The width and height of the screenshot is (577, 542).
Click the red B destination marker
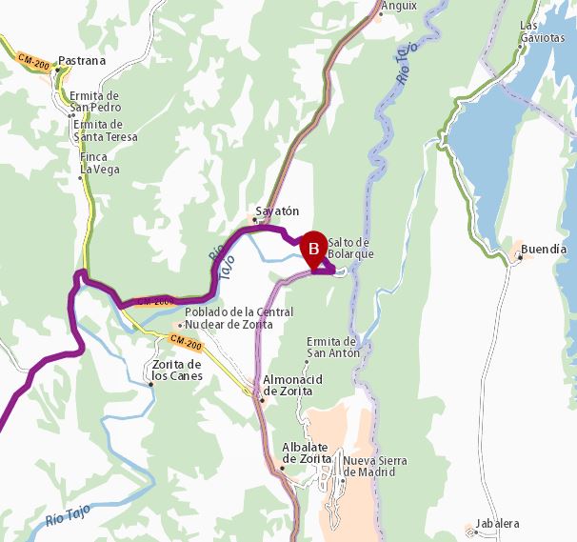click(314, 248)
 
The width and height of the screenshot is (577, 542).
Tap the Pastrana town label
click(82, 61)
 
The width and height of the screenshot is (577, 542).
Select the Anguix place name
click(399, 6)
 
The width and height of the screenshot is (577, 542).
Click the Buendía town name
click(545, 250)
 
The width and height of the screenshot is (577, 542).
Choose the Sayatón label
click(277, 211)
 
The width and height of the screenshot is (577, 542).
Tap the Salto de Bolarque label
click(350, 248)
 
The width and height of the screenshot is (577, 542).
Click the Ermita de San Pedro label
click(94, 101)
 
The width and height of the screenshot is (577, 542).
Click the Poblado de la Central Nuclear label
click(237, 318)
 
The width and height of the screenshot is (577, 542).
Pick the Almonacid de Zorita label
click(292, 385)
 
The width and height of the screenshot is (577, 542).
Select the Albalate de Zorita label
click(307, 452)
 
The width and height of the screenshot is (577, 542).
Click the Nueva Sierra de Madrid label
click(376, 466)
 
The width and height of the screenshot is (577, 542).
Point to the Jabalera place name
click(499, 524)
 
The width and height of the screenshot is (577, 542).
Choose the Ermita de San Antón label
click(332, 347)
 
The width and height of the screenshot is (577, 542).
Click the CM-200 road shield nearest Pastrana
click(34, 62)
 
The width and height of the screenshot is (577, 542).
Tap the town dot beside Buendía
click(519, 256)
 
